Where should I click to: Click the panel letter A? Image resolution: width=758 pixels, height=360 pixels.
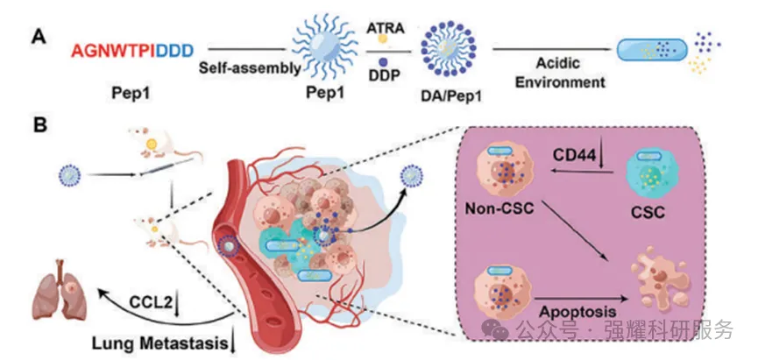[x=38, y=37]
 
